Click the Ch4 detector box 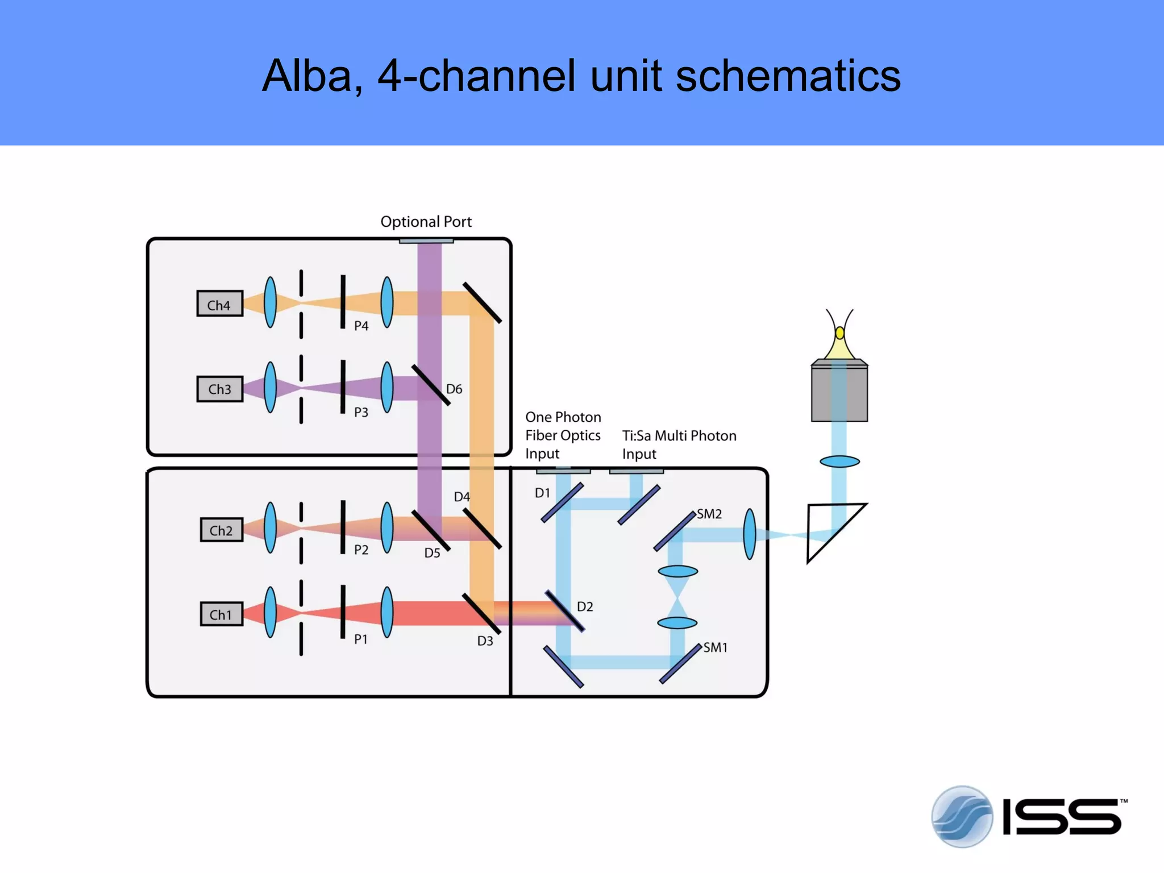220,304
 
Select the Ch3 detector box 220,389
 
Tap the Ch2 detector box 222,530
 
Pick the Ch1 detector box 222,614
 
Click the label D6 454,389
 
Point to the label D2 585,606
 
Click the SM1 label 715,647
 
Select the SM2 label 709,514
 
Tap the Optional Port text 426,222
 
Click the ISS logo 1029,817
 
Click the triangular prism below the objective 830,529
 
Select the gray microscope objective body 839,392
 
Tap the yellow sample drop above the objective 839,333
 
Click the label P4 361,326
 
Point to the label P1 361,639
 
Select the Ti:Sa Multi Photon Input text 679,444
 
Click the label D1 542,493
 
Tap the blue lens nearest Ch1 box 271,613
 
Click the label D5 432,553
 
